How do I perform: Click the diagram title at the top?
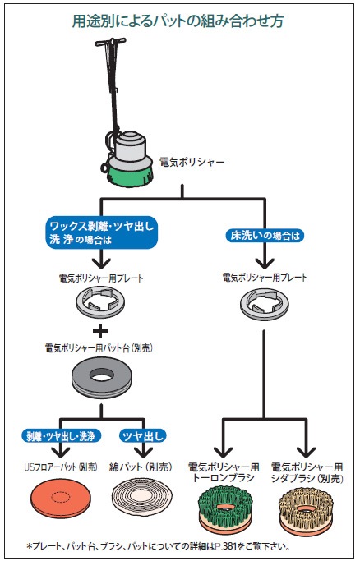coord(178,21)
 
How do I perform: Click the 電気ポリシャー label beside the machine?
coord(192,163)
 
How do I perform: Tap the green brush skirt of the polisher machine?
coord(131,173)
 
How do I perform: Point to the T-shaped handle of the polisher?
coord(110,42)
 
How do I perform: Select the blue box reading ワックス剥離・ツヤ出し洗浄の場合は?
coord(102,232)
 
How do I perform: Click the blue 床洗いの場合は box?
coord(265,236)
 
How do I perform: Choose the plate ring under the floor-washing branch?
coord(264,303)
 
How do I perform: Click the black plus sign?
coord(100,330)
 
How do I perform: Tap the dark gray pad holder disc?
coord(102,378)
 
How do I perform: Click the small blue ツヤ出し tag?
coord(142,436)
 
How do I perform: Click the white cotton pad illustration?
coord(142,496)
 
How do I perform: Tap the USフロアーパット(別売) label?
coord(61,467)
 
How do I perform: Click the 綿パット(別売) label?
coord(141,467)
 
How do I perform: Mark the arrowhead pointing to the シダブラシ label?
coord(307,453)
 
